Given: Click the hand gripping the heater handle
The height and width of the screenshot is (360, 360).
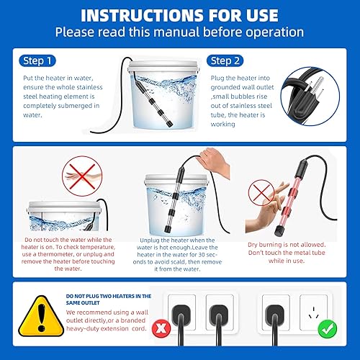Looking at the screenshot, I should coord(210,160).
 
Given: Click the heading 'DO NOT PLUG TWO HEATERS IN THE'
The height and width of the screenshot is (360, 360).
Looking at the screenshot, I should coord(107,296).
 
